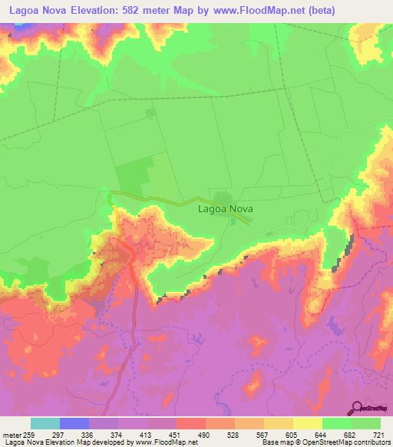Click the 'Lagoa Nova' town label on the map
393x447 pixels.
click(226, 208)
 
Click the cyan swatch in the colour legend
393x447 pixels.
click(45, 423)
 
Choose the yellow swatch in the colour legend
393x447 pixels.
click(307, 423)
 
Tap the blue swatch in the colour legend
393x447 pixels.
click(74, 423)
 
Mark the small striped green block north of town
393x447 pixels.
click(150, 113)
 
